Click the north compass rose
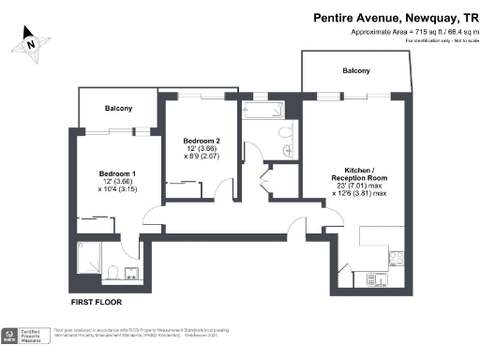[x=31, y=42]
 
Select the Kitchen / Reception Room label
[x=352, y=172]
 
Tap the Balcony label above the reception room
[x=356, y=71]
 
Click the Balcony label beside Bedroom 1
[x=118, y=109]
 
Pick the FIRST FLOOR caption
[x=97, y=303]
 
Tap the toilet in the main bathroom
[x=287, y=149]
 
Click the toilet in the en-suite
[x=111, y=272]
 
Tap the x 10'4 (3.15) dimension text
[x=118, y=189]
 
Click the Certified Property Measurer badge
[x=24, y=334]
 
